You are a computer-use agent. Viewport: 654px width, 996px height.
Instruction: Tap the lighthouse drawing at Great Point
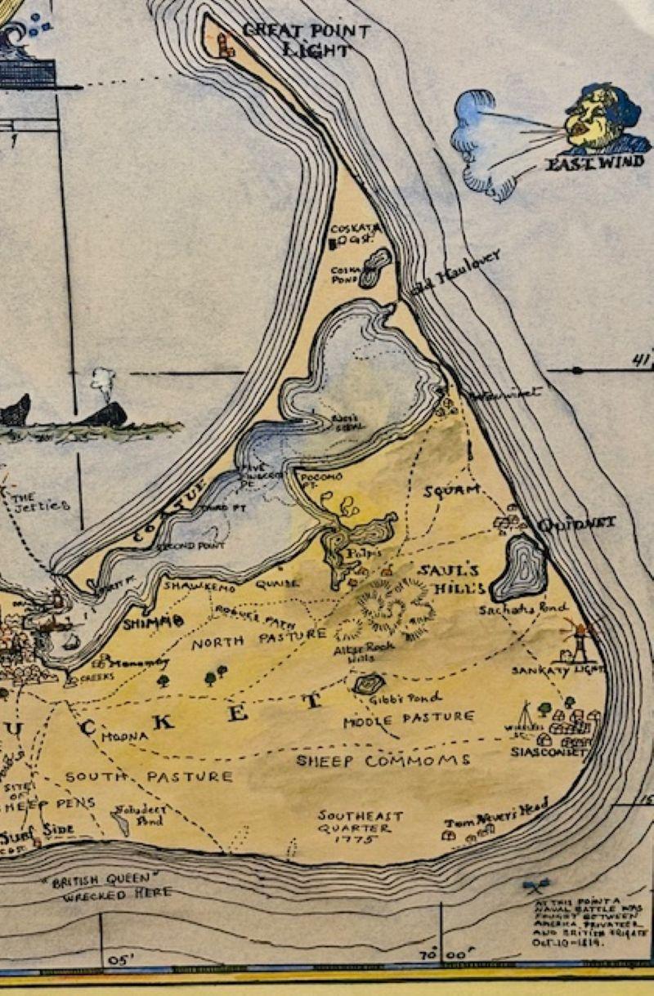coord(226,43)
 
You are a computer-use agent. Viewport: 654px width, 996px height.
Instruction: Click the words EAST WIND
coord(594,162)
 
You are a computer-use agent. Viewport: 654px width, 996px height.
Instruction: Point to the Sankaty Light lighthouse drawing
coord(578,642)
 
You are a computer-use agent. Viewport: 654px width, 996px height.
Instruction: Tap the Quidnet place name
coord(576,523)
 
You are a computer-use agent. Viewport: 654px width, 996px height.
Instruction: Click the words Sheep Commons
coord(383,761)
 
